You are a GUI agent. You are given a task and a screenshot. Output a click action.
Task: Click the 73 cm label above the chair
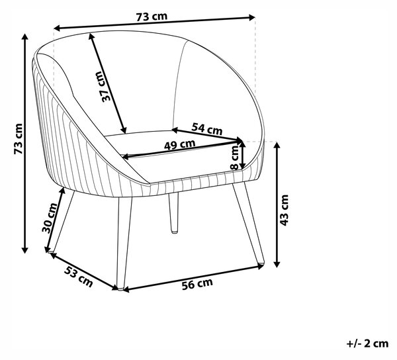[152, 17]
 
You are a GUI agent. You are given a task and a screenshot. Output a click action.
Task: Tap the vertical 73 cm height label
[19, 138]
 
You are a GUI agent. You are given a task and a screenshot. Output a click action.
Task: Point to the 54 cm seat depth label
[207, 129]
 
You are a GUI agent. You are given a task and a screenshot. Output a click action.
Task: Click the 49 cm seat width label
[180, 145]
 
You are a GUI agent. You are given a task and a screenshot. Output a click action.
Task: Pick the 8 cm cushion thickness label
[235, 158]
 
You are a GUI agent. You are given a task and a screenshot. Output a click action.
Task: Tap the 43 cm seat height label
[284, 210]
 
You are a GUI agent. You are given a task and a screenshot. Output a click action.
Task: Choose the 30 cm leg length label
[50, 218]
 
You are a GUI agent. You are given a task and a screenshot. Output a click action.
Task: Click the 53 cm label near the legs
[79, 277]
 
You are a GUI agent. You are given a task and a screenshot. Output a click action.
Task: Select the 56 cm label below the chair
[197, 284]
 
